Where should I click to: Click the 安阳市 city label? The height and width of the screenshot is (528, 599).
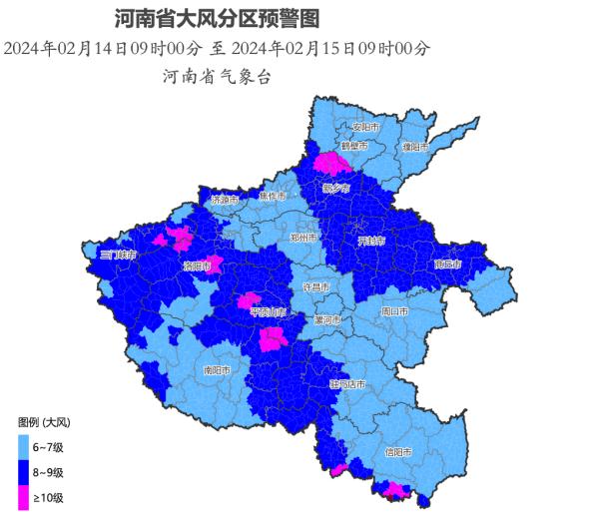366,128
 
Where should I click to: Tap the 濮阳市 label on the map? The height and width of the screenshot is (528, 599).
414,147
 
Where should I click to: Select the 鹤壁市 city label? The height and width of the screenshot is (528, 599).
354,146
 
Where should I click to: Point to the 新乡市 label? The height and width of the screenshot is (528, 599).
335,189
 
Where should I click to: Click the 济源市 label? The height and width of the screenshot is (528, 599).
224,200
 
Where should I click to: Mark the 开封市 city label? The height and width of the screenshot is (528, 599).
371,241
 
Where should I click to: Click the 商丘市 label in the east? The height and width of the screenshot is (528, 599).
448,264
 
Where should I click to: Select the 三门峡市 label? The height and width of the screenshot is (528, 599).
117,256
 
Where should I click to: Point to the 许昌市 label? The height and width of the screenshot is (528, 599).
316,286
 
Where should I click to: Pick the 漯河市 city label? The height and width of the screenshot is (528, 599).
326,320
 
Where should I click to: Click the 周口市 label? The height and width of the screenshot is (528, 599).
394,311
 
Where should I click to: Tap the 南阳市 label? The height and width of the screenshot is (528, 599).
217,370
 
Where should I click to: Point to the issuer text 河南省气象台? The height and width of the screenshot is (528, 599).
217,76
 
